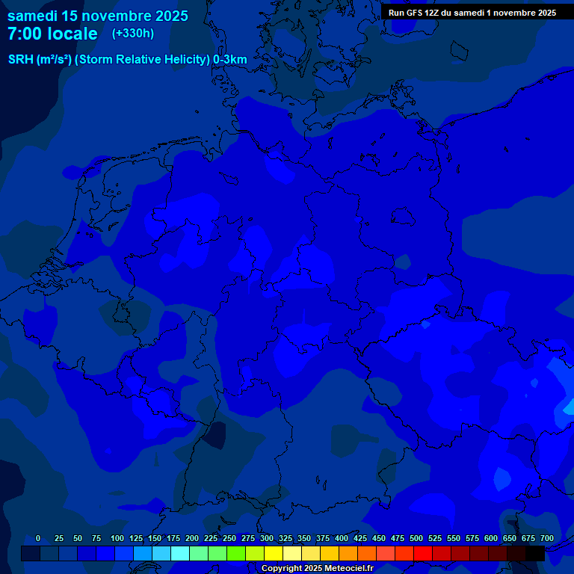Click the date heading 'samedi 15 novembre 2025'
tap(98, 16)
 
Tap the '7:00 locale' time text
tap(52, 34)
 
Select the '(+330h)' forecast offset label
tap(133, 34)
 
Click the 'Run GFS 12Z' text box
tap(472, 13)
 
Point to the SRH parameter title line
tap(127, 60)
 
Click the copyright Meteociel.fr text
tap(317, 568)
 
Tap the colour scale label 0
tap(38, 538)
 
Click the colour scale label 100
tap(117, 538)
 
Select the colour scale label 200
tap(192, 538)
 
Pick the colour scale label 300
tap(267, 538)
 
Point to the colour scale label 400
tap(342, 538)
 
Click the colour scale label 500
tap(416, 538)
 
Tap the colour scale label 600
tap(491, 538)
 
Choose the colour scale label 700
tap(547, 538)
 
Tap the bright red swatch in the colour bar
tap(423, 553)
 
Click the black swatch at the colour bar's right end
tap(535, 553)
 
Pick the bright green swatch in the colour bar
tap(236, 553)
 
